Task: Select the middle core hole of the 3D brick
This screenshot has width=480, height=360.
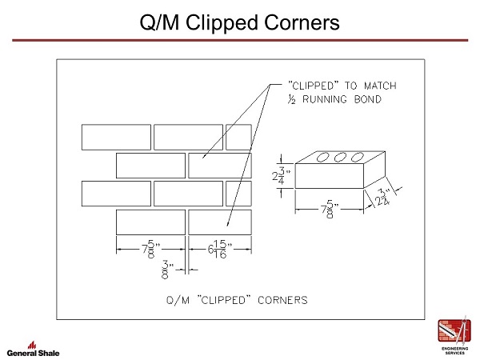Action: [x=342, y=158]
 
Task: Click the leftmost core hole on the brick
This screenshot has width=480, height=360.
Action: [x=326, y=158]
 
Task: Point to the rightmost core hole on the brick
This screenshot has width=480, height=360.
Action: [x=359, y=158]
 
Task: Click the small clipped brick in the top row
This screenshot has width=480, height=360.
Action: [x=238, y=137]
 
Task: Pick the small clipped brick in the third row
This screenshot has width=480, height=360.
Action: [x=238, y=193]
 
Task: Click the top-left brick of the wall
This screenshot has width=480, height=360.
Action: [x=116, y=137]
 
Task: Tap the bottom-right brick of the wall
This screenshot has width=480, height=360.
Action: [x=219, y=221]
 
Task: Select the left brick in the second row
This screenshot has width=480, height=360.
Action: [x=150, y=165]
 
